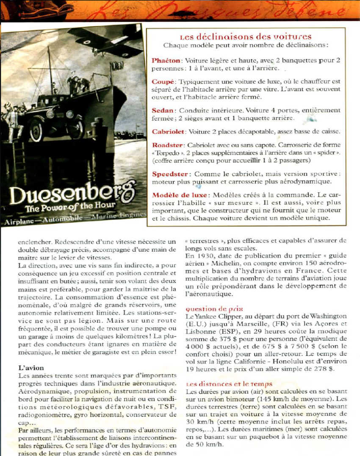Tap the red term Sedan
click(x=163, y=110)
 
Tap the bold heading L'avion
click(x=31, y=368)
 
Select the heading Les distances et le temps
click(x=229, y=384)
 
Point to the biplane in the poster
click(x=106, y=40)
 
